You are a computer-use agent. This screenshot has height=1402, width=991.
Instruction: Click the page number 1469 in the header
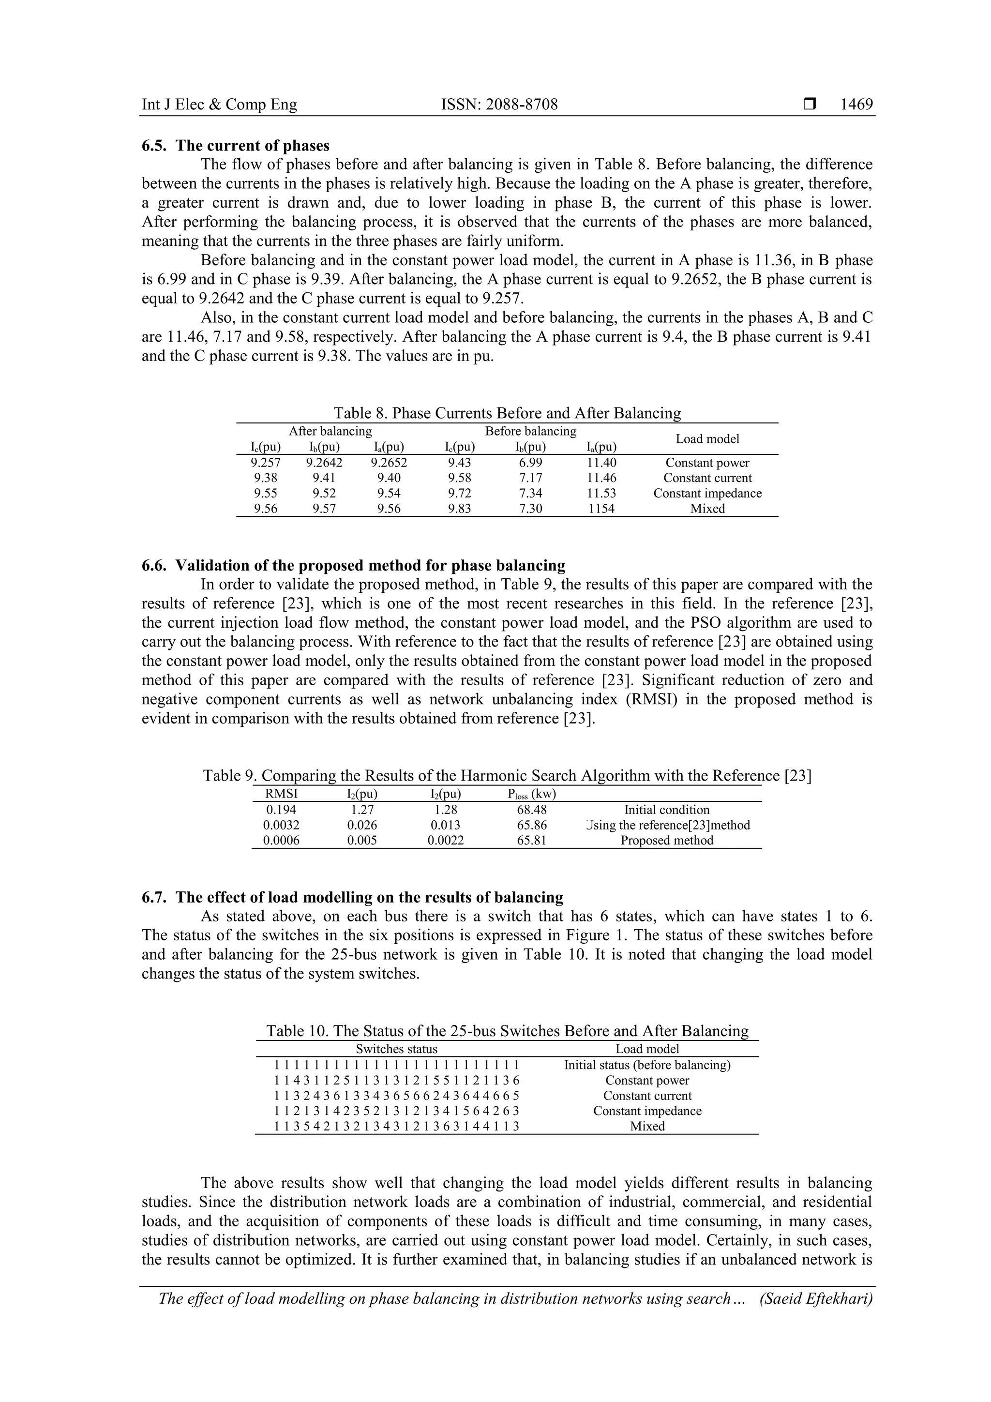tap(856, 105)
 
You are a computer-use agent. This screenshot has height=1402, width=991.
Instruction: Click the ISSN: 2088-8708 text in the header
tap(499, 105)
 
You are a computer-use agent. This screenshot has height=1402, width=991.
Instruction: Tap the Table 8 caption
tap(507, 413)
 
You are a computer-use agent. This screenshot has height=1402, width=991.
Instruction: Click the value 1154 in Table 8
tap(601, 509)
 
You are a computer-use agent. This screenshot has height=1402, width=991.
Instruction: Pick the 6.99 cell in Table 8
tap(530, 463)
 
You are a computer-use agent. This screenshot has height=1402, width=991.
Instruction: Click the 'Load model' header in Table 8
tap(707, 439)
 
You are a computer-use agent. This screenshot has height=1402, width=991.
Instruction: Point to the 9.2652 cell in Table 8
tap(389, 463)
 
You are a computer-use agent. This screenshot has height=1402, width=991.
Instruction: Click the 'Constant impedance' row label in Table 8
tap(707, 494)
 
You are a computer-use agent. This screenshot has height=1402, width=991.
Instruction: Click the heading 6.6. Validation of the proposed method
tap(353, 565)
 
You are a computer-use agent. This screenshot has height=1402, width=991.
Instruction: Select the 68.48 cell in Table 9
tap(531, 810)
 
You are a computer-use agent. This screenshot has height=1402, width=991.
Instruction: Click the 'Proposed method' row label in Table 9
tap(667, 840)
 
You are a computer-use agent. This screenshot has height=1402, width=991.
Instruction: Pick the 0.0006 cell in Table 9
tap(282, 840)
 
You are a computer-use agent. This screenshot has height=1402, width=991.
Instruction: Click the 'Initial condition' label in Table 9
tap(667, 810)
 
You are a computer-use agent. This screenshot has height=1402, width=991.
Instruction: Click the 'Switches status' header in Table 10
tap(396, 1049)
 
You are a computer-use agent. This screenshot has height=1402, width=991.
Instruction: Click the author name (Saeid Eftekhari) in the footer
tap(816, 1298)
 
